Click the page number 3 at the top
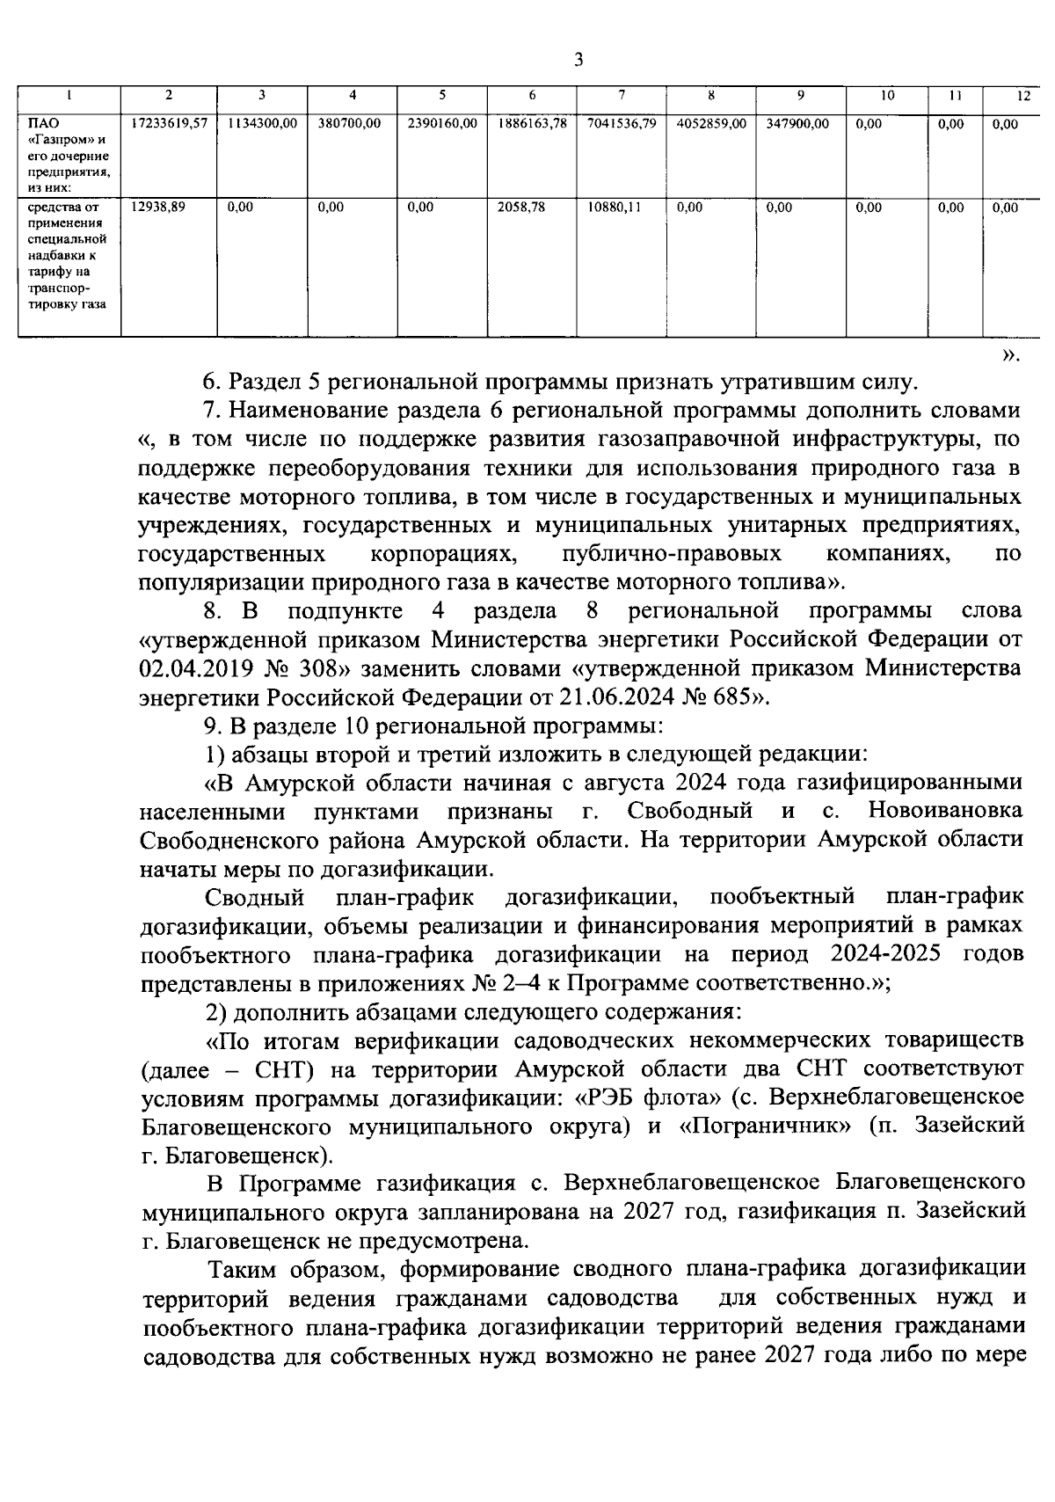coord(578,60)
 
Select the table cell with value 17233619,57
coord(169,124)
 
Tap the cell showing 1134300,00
coord(262,124)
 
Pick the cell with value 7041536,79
coord(622,124)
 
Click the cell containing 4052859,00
coord(711,124)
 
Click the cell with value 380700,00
coord(349,124)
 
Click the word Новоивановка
coord(945,810)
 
